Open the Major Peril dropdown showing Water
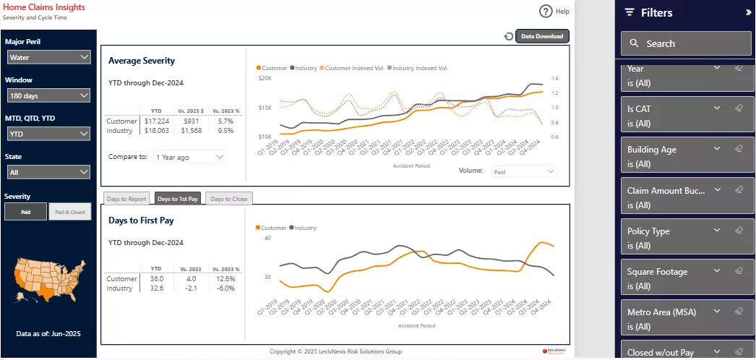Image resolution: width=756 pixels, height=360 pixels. pos(48,57)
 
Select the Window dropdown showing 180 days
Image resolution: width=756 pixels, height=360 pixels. pos(48,95)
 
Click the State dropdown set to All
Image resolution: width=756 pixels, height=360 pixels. pos(48,172)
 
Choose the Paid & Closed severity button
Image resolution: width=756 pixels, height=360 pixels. pos(69,212)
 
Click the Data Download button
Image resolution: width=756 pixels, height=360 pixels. pos(542,36)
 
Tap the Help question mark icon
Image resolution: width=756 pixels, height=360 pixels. pos(546,12)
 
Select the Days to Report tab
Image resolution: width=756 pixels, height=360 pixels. pos(126,199)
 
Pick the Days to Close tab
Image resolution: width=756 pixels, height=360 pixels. pos(229,199)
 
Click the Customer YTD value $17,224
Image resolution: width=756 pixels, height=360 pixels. pos(156,121)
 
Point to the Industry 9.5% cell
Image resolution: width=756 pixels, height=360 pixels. pos(225,131)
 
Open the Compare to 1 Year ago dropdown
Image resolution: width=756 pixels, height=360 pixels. pos(189,157)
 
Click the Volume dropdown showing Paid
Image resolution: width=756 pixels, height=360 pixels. pos(523,171)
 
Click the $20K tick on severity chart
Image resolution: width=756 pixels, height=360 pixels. pos(265,78)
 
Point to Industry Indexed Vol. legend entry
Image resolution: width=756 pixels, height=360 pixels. pos(420,68)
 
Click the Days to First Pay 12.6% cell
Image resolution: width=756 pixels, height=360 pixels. pos(225,279)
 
